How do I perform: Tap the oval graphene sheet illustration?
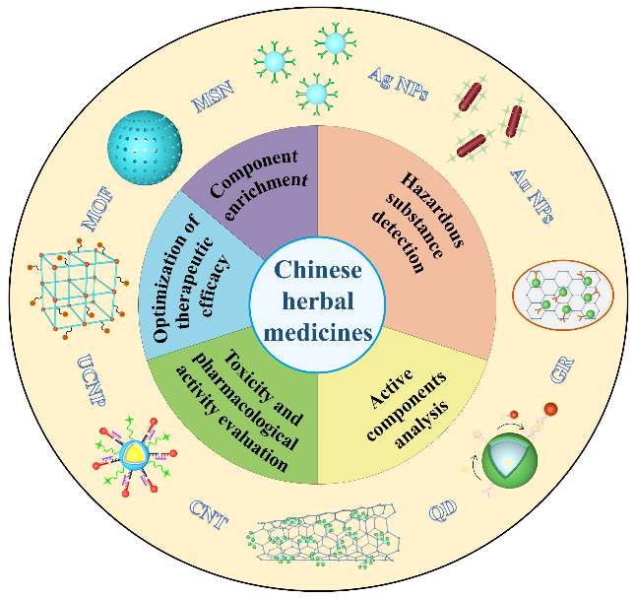pos(563,295)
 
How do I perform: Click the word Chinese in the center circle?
pos(318,269)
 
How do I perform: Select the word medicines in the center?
pos(318,332)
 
